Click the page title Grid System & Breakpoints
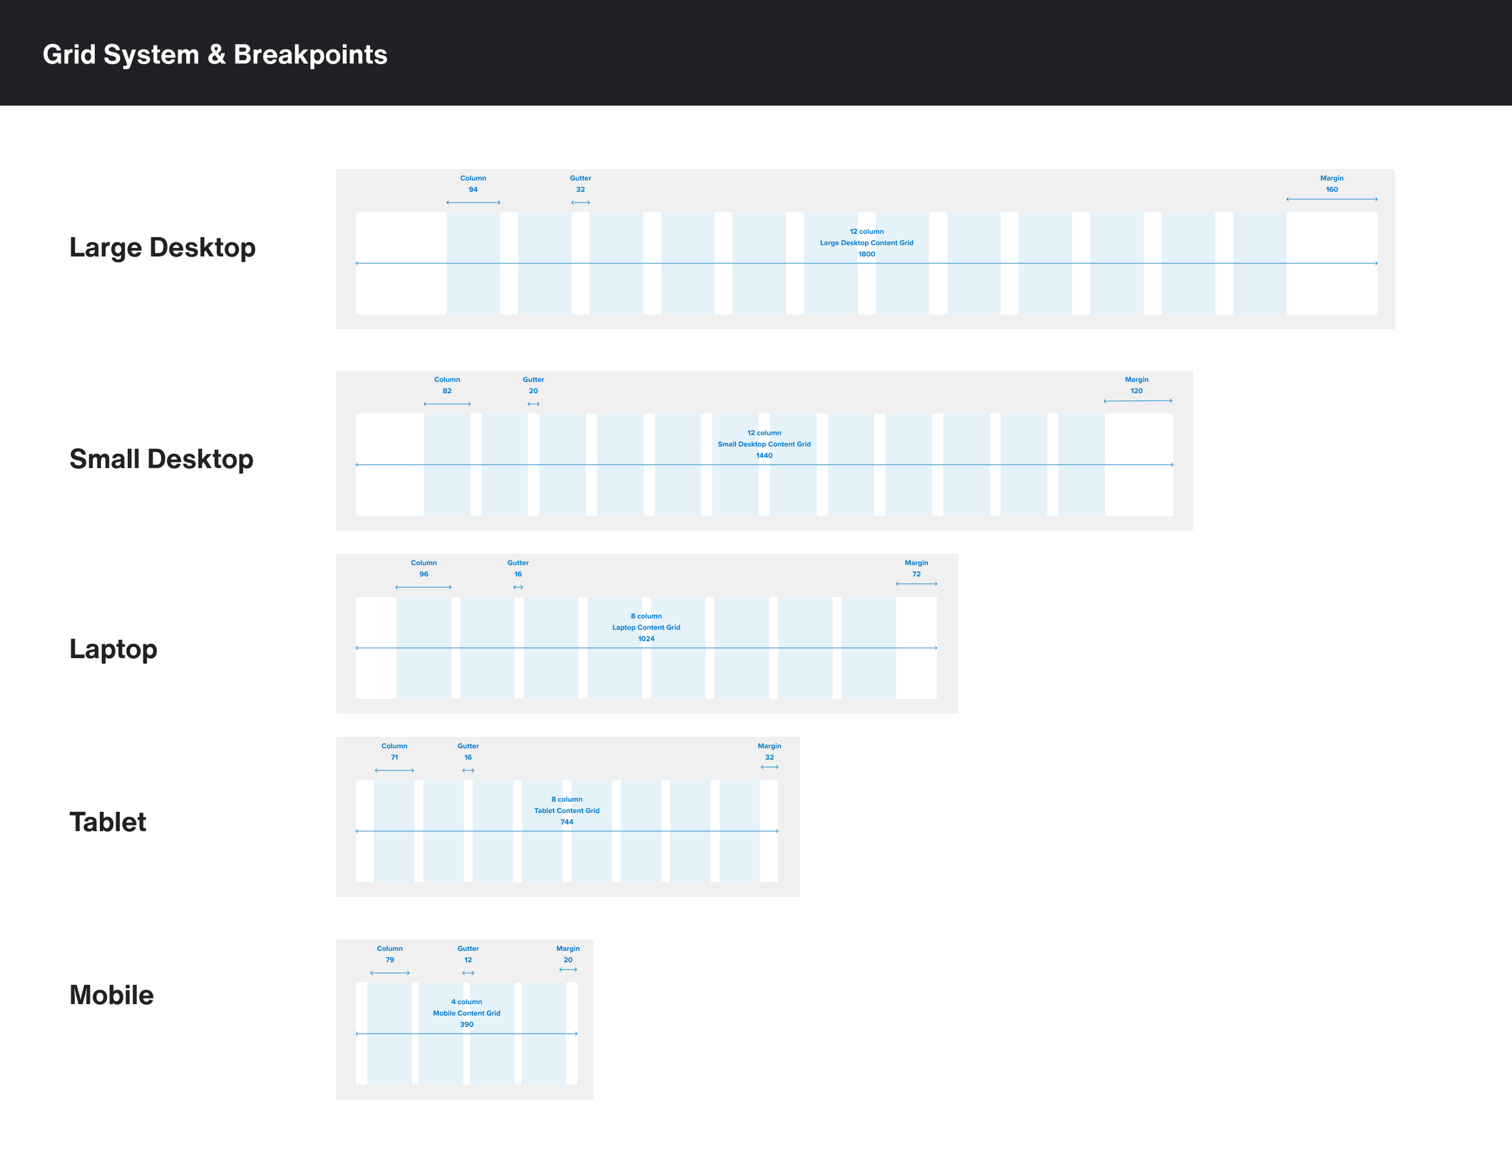coord(215,54)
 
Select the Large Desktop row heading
coord(162,247)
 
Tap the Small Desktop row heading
coord(161,459)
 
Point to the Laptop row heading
coord(114,649)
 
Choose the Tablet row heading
coord(108,822)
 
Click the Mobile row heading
coord(111,996)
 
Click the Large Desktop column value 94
coord(473,190)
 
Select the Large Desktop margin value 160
coord(1331,190)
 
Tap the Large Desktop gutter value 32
coord(580,190)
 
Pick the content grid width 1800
coord(866,254)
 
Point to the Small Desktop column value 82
coord(447,391)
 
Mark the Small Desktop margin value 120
coord(1136,391)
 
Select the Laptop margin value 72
coord(916,574)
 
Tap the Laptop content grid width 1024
coord(645,639)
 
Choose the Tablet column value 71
coord(394,757)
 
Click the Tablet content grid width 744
coord(566,822)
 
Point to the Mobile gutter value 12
coord(468,961)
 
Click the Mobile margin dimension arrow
coord(568,970)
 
